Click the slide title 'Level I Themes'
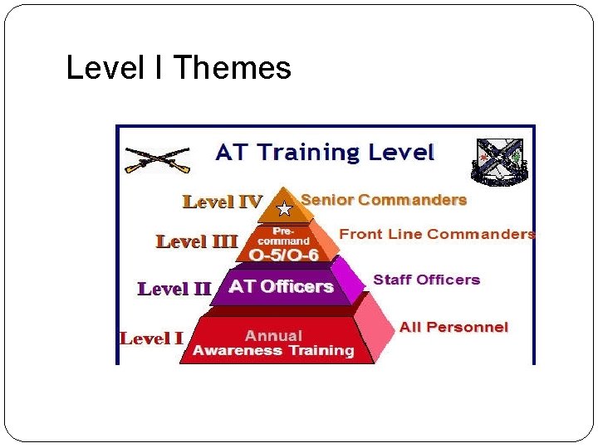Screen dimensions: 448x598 pyautogui.click(x=179, y=68)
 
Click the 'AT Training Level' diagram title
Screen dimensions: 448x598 pyautogui.click(x=325, y=152)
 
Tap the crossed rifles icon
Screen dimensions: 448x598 pyautogui.click(x=158, y=159)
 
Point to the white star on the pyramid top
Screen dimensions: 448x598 pyautogui.click(x=284, y=208)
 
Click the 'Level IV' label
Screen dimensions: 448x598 pyautogui.click(x=222, y=202)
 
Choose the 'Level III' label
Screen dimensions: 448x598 pyautogui.click(x=197, y=241)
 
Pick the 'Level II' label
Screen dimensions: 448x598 pyautogui.click(x=174, y=289)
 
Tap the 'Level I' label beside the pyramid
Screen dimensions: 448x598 pyautogui.click(x=151, y=338)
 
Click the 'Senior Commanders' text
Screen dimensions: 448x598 pyautogui.click(x=384, y=200)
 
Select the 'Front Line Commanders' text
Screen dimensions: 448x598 pyautogui.click(x=437, y=234)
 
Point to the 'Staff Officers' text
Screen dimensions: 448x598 pyautogui.click(x=426, y=280)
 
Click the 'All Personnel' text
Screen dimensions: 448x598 pyautogui.click(x=453, y=327)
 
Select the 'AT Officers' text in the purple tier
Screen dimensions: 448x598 pyautogui.click(x=281, y=287)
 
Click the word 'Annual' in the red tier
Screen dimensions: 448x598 pyautogui.click(x=273, y=335)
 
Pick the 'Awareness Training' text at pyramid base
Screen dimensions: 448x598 pyautogui.click(x=273, y=350)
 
